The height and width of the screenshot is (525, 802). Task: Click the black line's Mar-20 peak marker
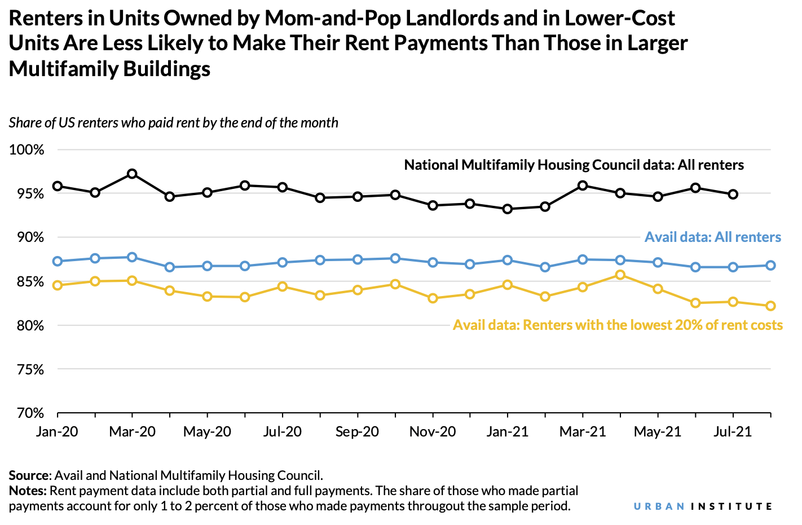coord(132,174)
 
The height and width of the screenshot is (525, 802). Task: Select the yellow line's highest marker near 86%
coord(620,275)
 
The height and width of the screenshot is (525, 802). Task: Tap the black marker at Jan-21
coord(508,209)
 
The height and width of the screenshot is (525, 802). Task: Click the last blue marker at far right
coord(770,265)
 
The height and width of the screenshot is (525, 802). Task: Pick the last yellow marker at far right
coord(770,306)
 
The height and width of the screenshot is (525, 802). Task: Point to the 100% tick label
coord(27,150)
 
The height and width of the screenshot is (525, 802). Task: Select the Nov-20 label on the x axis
coord(433,432)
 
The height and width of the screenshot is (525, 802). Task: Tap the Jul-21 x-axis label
coord(733,432)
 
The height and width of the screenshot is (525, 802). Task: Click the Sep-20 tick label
coord(357,432)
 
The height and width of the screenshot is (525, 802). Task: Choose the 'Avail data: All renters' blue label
coord(713,237)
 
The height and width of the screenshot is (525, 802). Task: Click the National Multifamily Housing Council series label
coord(574,165)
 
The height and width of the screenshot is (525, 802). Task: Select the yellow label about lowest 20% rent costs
coord(618,325)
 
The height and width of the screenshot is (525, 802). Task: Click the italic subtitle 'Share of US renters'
coord(173,123)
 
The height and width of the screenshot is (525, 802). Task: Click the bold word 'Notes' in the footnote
coord(27,491)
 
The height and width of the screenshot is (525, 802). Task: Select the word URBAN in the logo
coord(659,506)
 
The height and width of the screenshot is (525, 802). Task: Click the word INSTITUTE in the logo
coord(732,506)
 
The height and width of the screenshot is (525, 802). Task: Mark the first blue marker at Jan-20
coord(58,261)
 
